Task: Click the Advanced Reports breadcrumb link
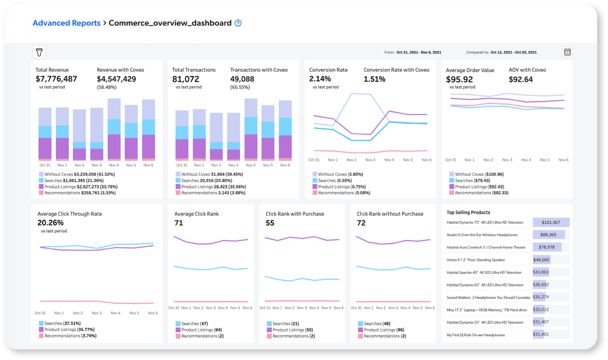(66, 23)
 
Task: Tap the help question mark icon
(238, 24)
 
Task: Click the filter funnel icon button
(39, 52)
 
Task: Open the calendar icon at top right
(567, 52)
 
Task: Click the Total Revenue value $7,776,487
(56, 78)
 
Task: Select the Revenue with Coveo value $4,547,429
(116, 78)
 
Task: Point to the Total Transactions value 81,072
(186, 78)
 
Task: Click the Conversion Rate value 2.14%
(320, 78)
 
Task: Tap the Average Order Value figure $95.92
(460, 78)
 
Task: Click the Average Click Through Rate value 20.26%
(50, 223)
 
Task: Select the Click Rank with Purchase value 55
(270, 223)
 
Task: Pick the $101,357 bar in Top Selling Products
(551, 222)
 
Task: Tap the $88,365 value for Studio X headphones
(549, 235)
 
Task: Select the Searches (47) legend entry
(194, 324)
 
